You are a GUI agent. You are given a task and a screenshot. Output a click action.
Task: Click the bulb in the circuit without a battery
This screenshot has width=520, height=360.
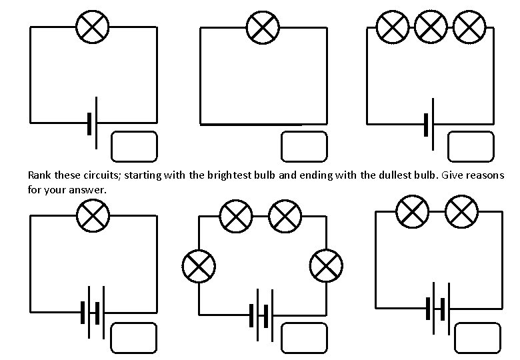pos(263,27)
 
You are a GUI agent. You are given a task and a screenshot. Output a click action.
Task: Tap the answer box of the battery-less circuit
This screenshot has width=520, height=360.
pos(304,147)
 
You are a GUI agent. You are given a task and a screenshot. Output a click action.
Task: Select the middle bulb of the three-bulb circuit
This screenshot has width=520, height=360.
pos(431,27)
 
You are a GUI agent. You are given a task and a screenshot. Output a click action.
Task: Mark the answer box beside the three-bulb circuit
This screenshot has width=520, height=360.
pos(470,147)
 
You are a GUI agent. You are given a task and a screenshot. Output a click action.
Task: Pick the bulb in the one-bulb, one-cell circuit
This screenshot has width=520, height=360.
pos(93,27)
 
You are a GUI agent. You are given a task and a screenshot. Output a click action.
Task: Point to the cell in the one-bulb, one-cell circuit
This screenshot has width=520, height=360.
pos(93,123)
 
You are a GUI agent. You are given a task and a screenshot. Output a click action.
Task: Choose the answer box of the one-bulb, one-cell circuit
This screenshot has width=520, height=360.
pos(134,147)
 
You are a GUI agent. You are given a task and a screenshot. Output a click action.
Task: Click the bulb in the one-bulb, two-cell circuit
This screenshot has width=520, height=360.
pos(93,215)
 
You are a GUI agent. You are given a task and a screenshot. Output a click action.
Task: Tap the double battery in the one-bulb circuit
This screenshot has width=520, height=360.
pos(93,313)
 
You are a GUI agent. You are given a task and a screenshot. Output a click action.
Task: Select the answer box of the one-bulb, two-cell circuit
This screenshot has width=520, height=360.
pos(134,338)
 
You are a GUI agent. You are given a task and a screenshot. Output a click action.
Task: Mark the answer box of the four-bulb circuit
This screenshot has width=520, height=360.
pos(304,338)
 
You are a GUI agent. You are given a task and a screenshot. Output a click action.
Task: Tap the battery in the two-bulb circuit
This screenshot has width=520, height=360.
pos(439,308)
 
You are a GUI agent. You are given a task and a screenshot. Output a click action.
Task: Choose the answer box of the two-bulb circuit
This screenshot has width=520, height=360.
pos(477,338)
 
